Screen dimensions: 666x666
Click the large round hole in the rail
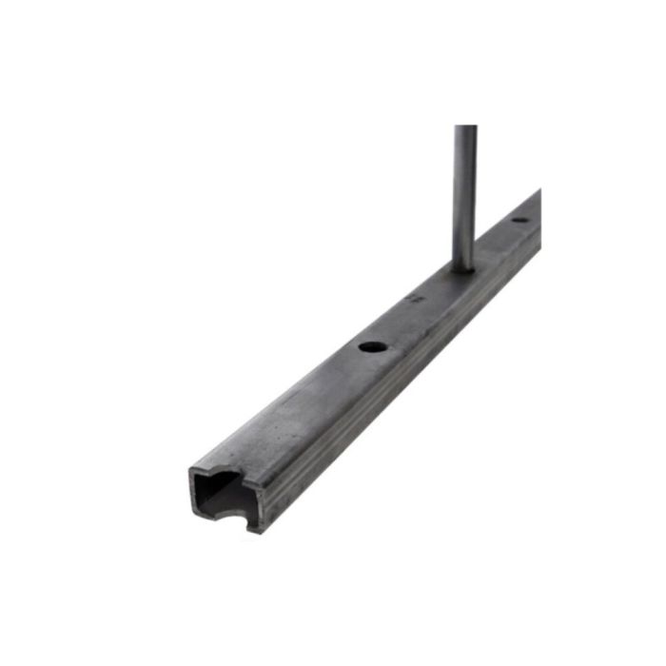(x=372, y=346)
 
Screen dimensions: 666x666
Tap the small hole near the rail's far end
(x=519, y=221)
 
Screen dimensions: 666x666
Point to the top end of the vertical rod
(x=465, y=128)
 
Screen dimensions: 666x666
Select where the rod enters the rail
(x=464, y=267)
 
